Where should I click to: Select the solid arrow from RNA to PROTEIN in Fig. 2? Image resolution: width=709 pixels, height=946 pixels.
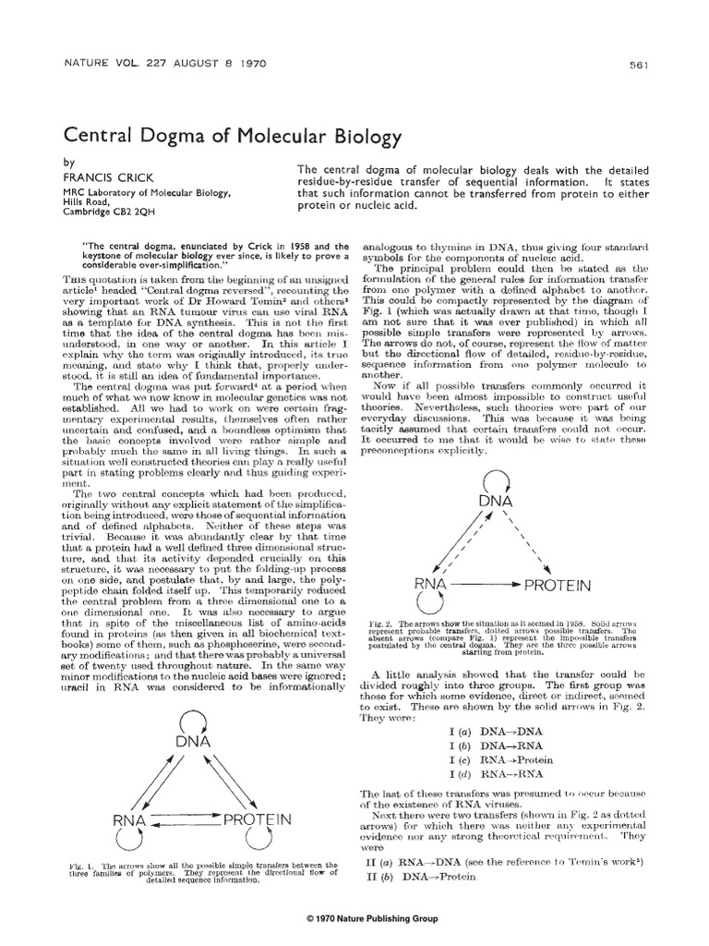point(485,585)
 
